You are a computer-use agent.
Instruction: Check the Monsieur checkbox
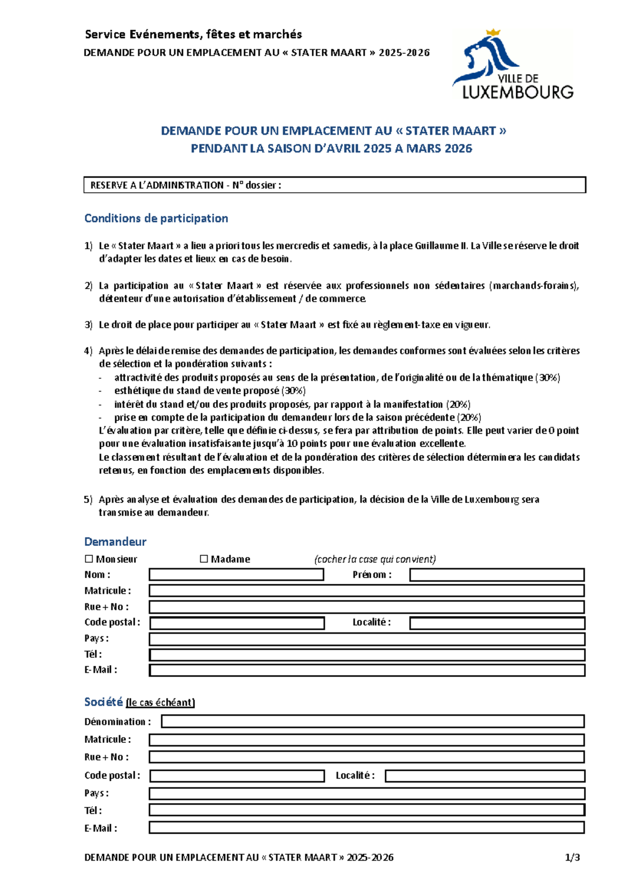[89, 559]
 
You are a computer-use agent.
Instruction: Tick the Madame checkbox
[204, 559]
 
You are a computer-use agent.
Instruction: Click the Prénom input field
[497, 575]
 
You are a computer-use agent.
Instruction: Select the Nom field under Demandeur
[236, 575]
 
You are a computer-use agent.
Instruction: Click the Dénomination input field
[372, 721]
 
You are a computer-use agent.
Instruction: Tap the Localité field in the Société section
[484, 776]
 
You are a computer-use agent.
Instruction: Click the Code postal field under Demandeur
[237, 623]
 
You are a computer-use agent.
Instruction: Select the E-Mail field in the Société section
[366, 827]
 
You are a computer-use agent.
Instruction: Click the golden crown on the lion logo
[493, 33]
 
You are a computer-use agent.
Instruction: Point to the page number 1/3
[572, 857]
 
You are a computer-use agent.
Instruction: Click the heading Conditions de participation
[156, 218]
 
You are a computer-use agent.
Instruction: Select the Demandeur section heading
[115, 542]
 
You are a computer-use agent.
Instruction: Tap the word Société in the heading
[104, 702]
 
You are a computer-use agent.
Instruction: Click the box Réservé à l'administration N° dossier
[334, 185]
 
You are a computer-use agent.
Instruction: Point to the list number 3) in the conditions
[88, 325]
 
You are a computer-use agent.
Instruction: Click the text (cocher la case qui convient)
[375, 559]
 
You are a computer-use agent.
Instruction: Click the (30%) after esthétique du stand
[293, 391]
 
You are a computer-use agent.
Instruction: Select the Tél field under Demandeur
[367, 655]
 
